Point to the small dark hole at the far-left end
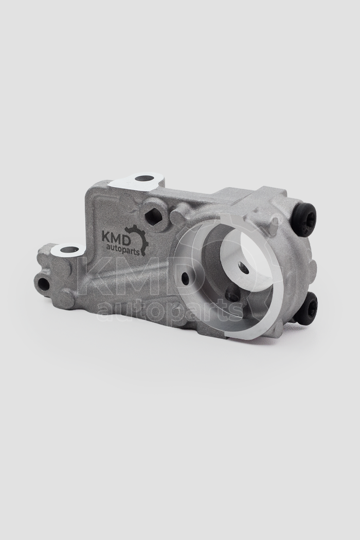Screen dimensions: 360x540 [x=43, y=283]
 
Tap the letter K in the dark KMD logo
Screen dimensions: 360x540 [x=106, y=238]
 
